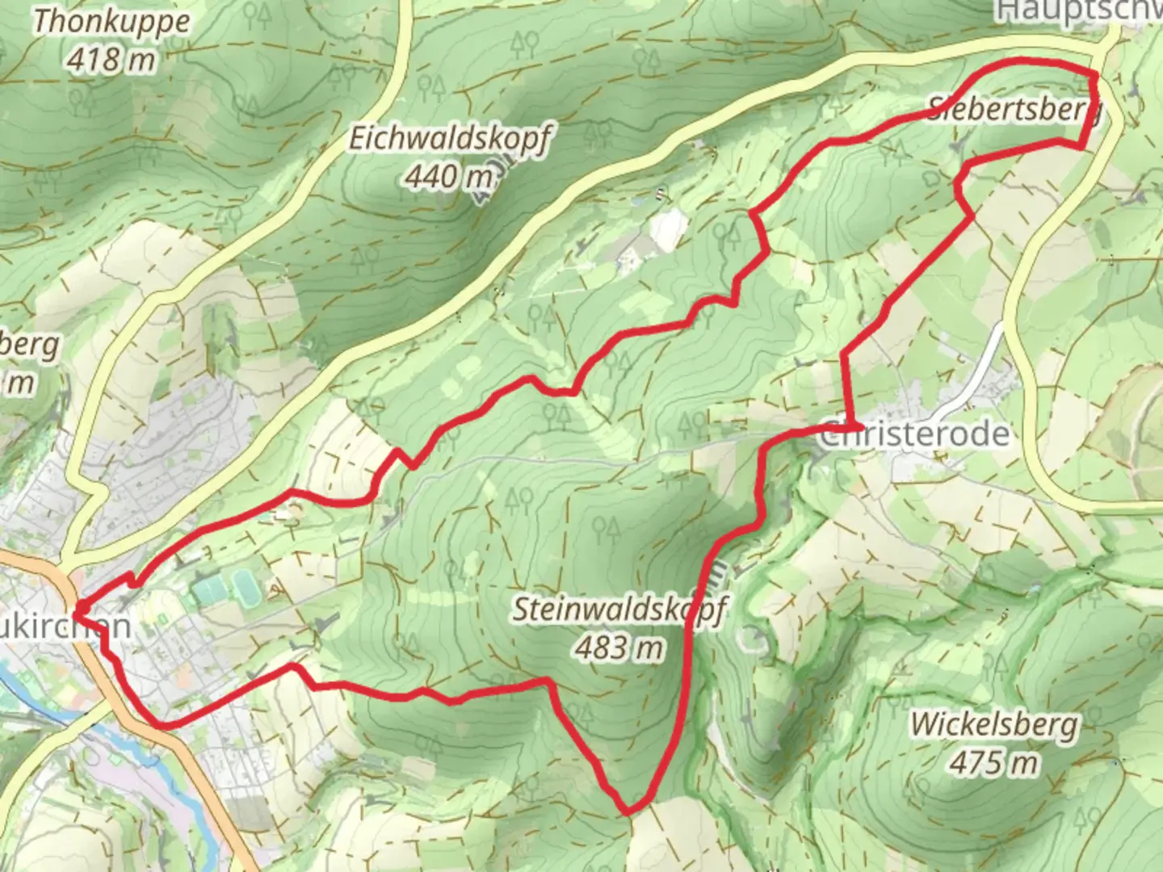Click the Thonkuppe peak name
(111, 22)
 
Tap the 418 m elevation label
(111, 59)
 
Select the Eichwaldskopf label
(449, 138)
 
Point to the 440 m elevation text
(449, 175)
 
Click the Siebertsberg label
(1014, 107)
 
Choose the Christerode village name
(915, 434)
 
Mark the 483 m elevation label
(620, 647)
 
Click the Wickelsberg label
(994, 724)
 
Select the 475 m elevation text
(994, 761)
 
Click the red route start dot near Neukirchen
(82, 607)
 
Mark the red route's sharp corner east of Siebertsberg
(1082, 146)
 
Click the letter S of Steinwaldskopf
(523, 610)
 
